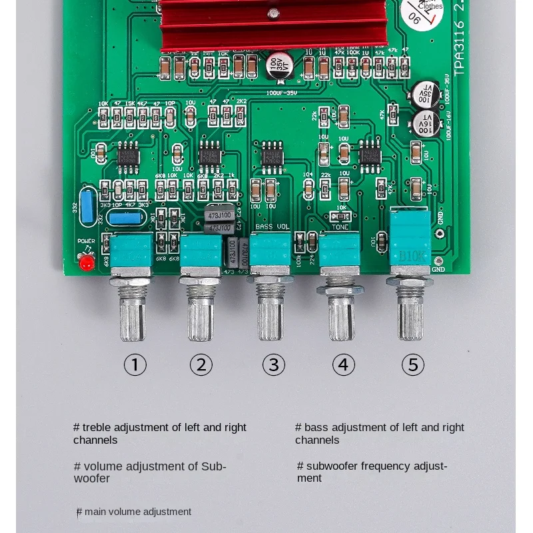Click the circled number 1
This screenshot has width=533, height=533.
click(135, 364)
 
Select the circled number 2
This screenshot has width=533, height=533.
click(201, 364)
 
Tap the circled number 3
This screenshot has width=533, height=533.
click(273, 364)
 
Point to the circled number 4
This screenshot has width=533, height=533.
click(344, 364)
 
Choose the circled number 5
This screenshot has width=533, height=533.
click(413, 364)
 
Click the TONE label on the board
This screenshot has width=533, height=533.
click(340, 227)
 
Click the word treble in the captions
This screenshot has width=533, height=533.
click(97, 427)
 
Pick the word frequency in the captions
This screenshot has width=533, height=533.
click(390, 466)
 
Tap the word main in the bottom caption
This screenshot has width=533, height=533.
click(95, 512)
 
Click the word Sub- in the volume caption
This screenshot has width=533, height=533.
click(214, 466)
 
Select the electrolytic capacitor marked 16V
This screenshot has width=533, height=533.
click(424, 123)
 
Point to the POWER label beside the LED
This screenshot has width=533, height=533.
click(86, 241)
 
